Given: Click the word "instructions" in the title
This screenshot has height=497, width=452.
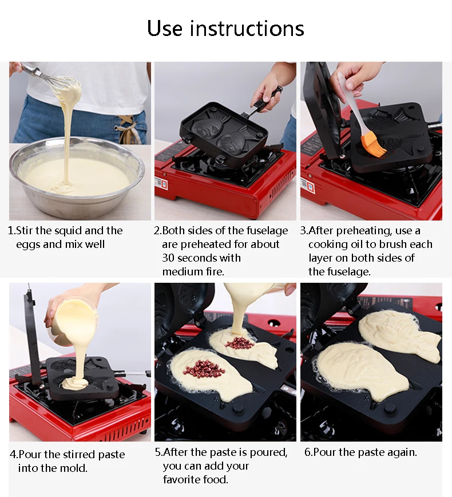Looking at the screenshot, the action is click(x=247, y=28).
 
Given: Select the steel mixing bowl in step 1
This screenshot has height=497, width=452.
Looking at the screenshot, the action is click(x=77, y=178).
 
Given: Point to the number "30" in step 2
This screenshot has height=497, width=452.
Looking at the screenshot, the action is click(x=168, y=258).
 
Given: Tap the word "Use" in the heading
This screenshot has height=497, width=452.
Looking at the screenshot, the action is click(x=165, y=28).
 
